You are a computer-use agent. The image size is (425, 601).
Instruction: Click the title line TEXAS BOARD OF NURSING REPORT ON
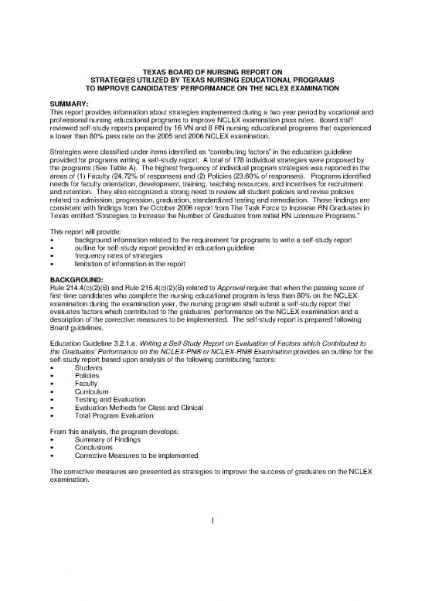(x=212, y=71)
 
